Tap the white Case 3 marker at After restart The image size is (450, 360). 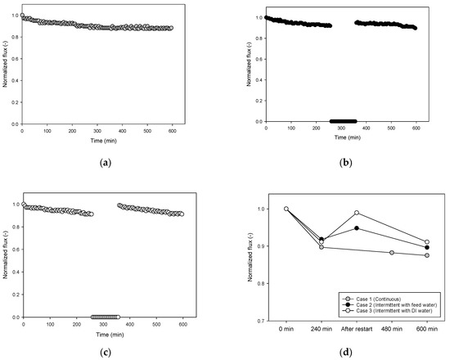(x=357, y=213)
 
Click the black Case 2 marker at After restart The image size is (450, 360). (x=357, y=227)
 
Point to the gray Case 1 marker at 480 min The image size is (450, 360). (x=392, y=252)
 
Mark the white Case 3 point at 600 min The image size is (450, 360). (x=427, y=241)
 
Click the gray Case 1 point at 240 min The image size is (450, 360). (x=322, y=246)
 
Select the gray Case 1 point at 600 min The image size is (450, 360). (x=427, y=255)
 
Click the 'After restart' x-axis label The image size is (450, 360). (x=357, y=328)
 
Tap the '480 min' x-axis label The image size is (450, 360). (x=392, y=328)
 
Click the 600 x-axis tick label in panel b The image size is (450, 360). (x=416, y=129)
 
